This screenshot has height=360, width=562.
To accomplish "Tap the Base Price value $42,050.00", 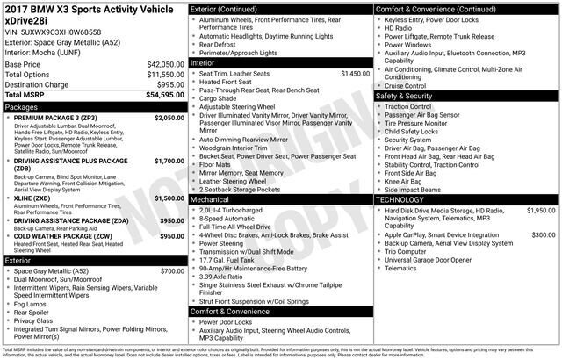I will (x=165, y=65).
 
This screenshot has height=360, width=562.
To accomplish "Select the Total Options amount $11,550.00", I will (x=165, y=75).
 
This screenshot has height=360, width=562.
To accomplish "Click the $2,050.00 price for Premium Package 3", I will (x=168, y=118).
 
